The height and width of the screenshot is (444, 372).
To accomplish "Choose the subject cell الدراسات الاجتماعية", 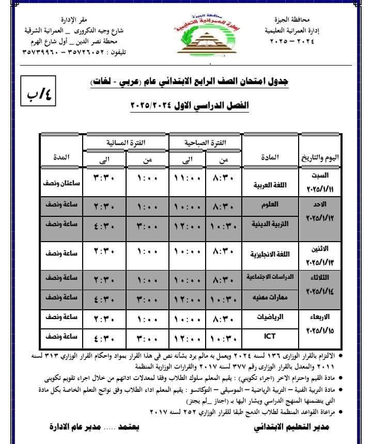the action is (x=268, y=277).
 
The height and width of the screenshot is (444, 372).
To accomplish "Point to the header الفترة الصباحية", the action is (x=206, y=141).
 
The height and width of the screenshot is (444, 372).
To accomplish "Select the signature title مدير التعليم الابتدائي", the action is (x=292, y=427).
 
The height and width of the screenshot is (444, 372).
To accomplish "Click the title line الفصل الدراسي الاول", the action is (x=190, y=105).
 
